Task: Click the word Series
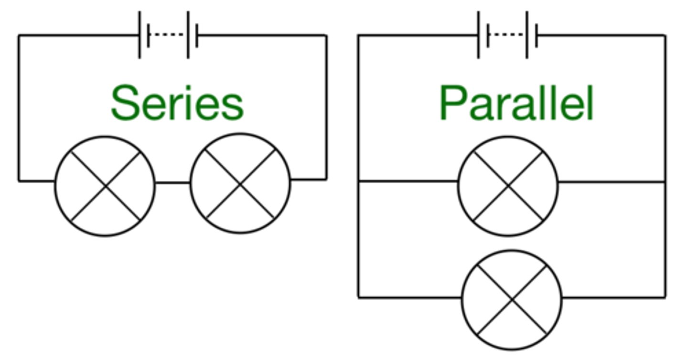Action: click(177, 103)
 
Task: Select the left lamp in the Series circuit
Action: click(105, 186)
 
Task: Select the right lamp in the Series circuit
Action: click(240, 183)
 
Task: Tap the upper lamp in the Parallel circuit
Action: click(508, 186)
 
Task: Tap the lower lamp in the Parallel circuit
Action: click(512, 300)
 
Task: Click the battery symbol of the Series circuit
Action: click(168, 35)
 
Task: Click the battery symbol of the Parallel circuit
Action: click(507, 35)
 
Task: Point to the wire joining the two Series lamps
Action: click(173, 182)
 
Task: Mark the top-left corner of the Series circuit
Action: click(19, 35)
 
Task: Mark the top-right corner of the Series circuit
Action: click(326, 35)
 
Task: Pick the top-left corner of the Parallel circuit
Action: click(358, 35)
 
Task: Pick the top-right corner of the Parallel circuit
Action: click(665, 35)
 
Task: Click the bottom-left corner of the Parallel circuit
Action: click(358, 297)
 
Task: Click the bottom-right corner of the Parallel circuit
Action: click(665, 297)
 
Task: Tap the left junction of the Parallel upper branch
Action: click(358, 181)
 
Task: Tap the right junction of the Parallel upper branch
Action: click(665, 182)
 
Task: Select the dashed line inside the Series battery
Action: click(168, 34)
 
